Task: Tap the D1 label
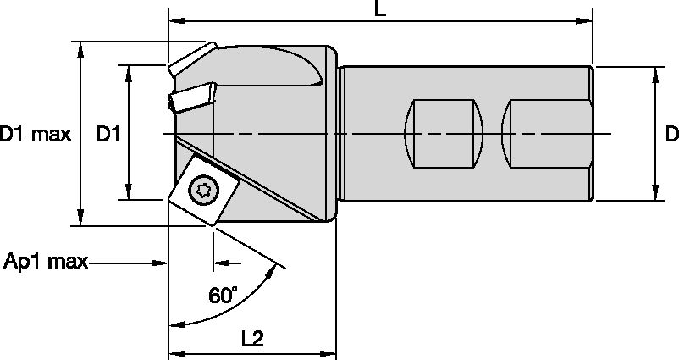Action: pyautogui.click(x=108, y=134)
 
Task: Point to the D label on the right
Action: pyautogui.click(x=671, y=133)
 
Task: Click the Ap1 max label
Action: pyautogui.click(x=46, y=262)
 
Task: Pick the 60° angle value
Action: pyautogui.click(x=223, y=296)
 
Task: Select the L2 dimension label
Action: pyautogui.click(x=252, y=339)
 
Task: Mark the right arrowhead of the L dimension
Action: pyautogui.click(x=585, y=19)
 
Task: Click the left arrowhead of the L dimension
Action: pyautogui.click(x=176, y=19)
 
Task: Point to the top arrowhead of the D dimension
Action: pyautogui.click(x=656, y=73)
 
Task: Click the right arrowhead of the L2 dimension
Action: pyautogui.click(x=331, y=352)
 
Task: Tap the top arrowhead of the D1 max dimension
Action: pyautogui.click(x=81, y=47)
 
